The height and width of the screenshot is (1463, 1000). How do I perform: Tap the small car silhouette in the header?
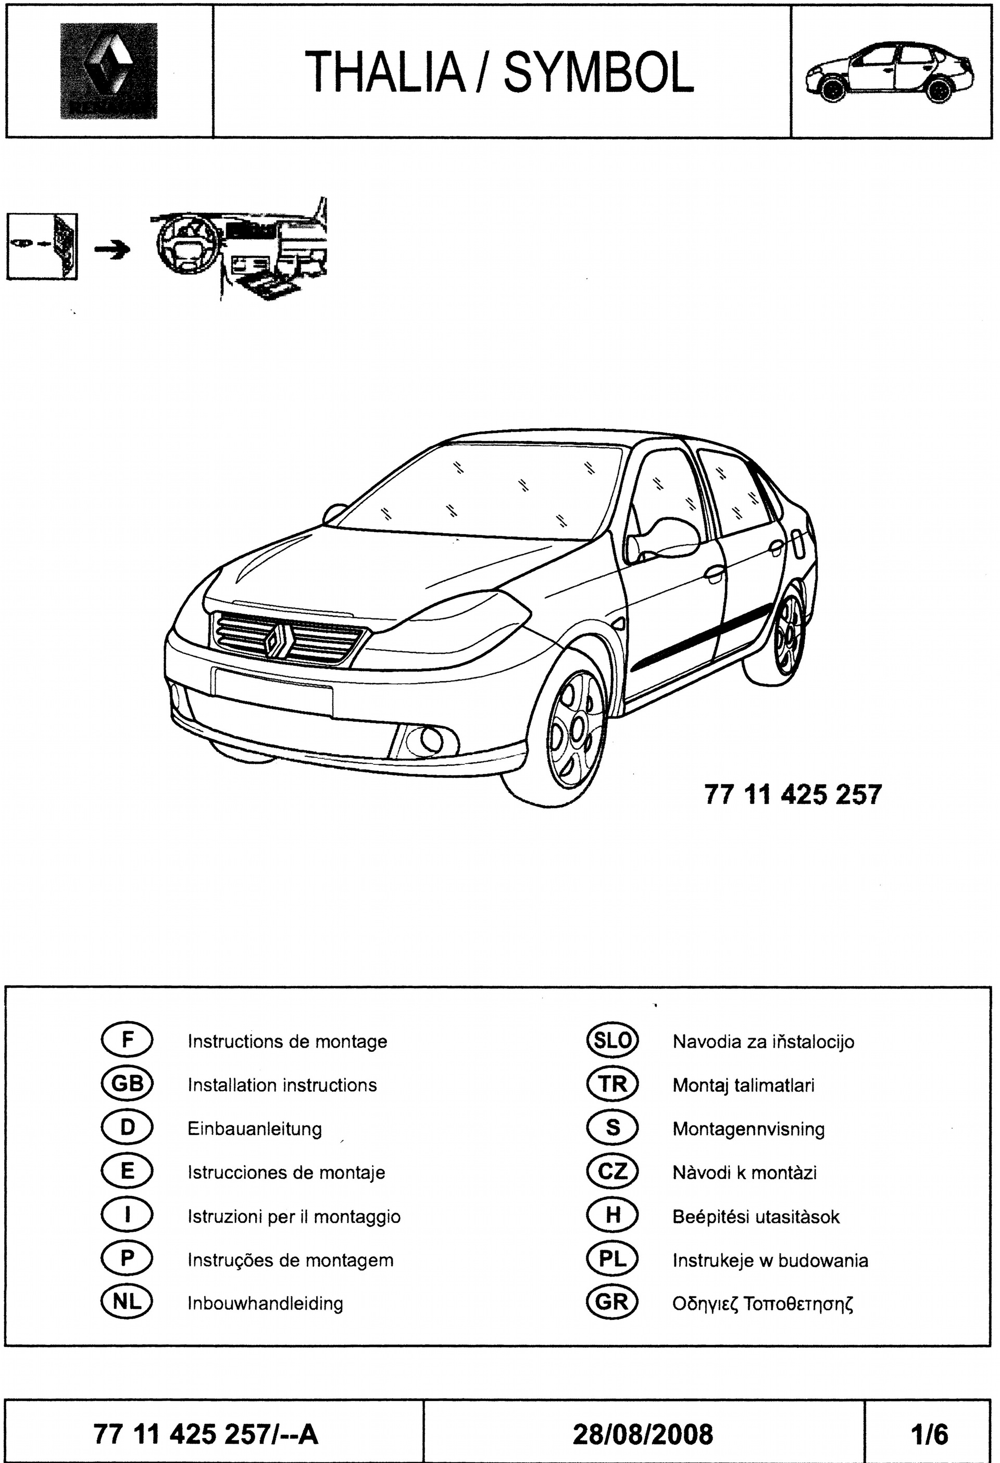(x=890, y=72)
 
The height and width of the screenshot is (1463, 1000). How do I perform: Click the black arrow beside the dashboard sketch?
(x=112, y=250)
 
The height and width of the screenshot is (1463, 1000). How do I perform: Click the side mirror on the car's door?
(x=662, y=537)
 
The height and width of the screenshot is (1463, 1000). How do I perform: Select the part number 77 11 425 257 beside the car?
(x=793, y=794)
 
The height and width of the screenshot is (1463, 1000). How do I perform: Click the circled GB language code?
(x=127, y=1084)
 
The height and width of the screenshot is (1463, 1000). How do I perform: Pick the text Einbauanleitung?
(x=254, y=1129)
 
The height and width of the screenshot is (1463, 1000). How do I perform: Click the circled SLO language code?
(x=612, y=1041)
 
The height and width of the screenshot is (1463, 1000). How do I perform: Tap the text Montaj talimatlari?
(x=743, y=1084)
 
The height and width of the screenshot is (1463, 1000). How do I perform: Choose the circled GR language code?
(x=612, y=1303)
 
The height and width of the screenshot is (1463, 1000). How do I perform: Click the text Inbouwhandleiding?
(x=265, y=1303)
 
